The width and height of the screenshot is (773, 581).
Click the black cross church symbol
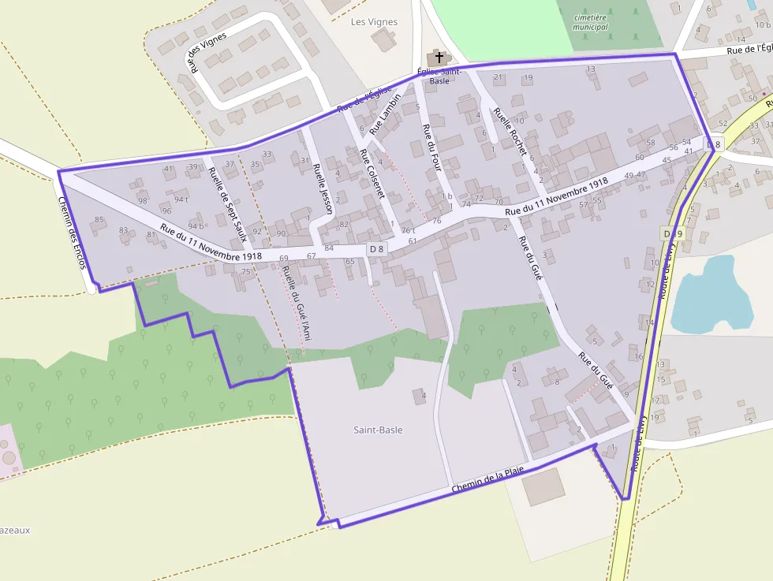[x=439, y=58]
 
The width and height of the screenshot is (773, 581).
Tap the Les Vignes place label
[x=374, y=22]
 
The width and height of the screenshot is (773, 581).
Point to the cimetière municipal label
[x=592, y=22]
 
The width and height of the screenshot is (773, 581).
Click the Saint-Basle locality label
[x=378, y=430]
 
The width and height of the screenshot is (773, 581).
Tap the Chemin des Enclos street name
[x=72, y=232]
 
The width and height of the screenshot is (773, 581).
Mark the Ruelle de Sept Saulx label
[x=229, y=204]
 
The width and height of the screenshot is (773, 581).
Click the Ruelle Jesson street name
[x=323, y=189]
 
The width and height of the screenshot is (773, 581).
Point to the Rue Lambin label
[x=385, y=115]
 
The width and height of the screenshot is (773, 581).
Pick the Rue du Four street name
[x=431, y=147]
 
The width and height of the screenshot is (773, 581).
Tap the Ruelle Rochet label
[x=509, y=130]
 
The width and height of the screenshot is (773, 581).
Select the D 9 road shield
[x=672, y=234]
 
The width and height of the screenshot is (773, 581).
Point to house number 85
[x=99, y=219]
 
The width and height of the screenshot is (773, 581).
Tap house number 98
[x=143, y=200]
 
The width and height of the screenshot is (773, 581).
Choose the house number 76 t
[x=408, y=231]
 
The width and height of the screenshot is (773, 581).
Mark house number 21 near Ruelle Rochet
[x=498, y=77]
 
